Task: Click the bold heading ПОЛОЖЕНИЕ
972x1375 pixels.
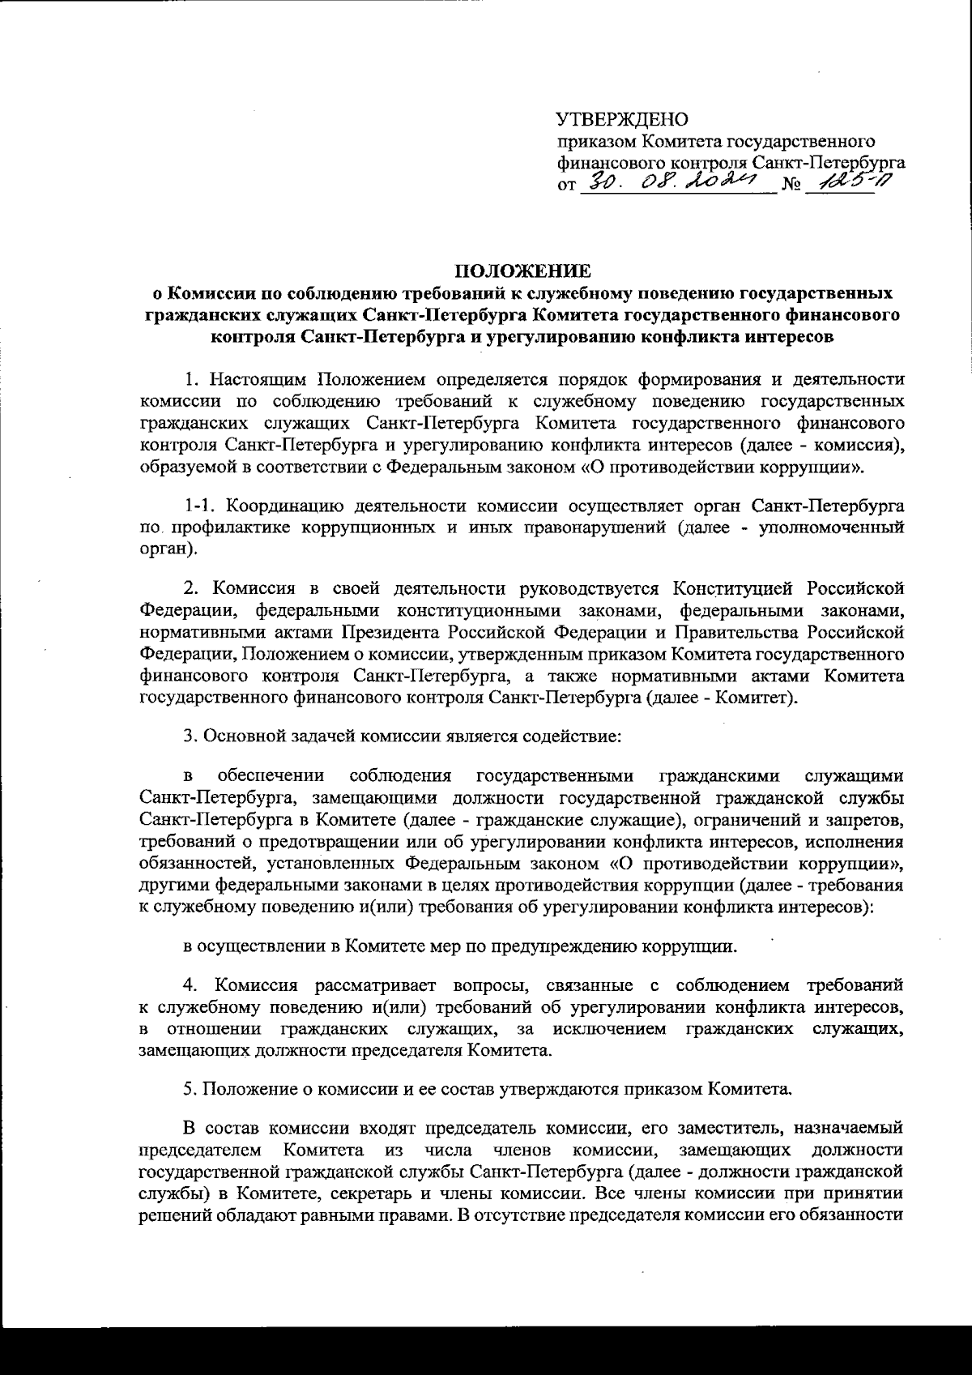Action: point(522,271)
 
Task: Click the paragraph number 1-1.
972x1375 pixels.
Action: point(200,506)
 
